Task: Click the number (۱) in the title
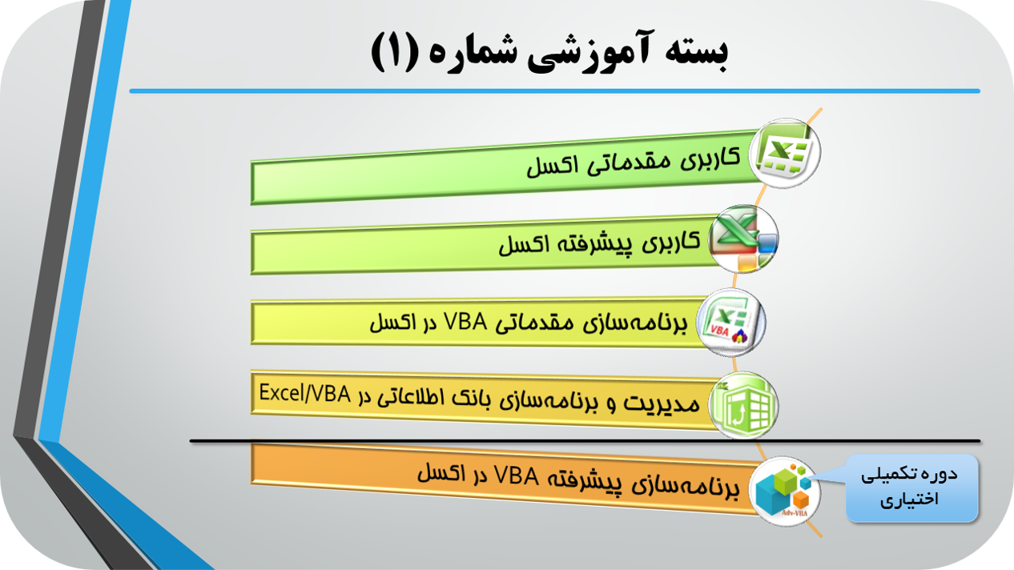[394, 53]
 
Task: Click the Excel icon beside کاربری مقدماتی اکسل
[785, 153]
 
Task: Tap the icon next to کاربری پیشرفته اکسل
[744, 239]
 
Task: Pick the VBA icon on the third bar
[731, 322]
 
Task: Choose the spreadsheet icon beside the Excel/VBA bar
[744, 405]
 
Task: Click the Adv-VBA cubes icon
[785, 492]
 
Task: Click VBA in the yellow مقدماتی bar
[465, 322]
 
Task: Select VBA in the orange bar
[517, 476]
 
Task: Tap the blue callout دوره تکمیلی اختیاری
[911, 488]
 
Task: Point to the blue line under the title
[554, 91]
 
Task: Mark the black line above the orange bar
[585, 441]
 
